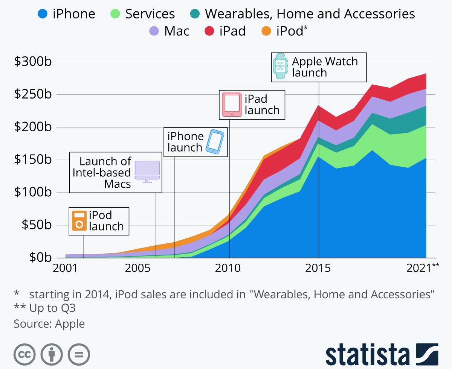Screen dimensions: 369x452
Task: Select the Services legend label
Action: click(x=150, y=14)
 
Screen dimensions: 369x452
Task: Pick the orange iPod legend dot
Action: click(x=266, y=31)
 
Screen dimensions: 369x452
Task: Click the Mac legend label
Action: click(x=177, y=31)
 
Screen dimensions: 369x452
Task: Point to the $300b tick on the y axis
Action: click(x=33, y=62)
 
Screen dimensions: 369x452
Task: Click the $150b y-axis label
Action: click(x=33, y=159)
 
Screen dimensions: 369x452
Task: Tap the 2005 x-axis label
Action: click(x=140, y=268)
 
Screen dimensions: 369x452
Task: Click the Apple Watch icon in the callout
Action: click(x=280, y=66)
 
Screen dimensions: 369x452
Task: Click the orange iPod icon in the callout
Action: click(x=79, y=221)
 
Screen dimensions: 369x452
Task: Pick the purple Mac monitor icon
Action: click(x=147, y=172)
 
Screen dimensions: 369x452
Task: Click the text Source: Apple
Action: click(x=49, y=323)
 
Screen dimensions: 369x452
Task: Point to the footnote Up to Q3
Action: click(x=45, y=308)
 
